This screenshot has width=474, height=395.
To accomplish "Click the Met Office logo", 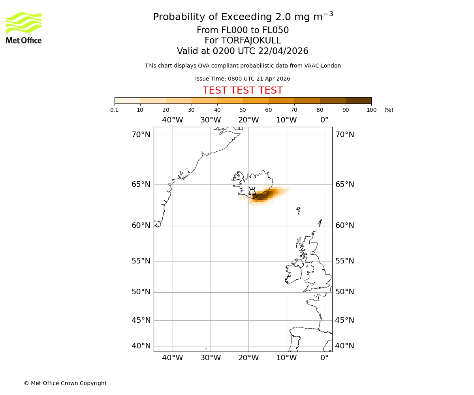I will point(24,28).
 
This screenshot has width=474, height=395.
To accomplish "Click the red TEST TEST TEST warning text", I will point(243,90).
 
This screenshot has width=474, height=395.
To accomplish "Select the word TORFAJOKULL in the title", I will point(251,41).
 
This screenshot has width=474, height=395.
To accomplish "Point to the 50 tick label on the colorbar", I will point(243,110).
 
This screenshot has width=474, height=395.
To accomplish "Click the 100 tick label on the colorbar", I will point(371,110).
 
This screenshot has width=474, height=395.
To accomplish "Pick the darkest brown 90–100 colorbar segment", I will point(358,100).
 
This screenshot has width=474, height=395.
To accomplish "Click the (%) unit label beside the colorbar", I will point(389,110).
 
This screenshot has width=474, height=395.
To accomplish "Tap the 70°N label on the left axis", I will point(141,135).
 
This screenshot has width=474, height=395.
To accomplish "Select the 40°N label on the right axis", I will point(344,346).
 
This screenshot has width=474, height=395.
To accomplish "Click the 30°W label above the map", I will point(210,120).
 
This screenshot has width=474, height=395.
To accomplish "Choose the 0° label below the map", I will point(324,358).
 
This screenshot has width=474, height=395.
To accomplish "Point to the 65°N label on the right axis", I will point(344,184).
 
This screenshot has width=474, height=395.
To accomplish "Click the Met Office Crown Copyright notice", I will point(65,383).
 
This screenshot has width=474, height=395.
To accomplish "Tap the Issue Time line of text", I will point(243,79).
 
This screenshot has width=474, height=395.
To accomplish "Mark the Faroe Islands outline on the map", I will point(299,211).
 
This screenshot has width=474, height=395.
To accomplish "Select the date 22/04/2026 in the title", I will point(283,51).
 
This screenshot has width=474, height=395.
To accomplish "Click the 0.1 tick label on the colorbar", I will point(115,110).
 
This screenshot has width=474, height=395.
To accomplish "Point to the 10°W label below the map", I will point(286,358).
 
